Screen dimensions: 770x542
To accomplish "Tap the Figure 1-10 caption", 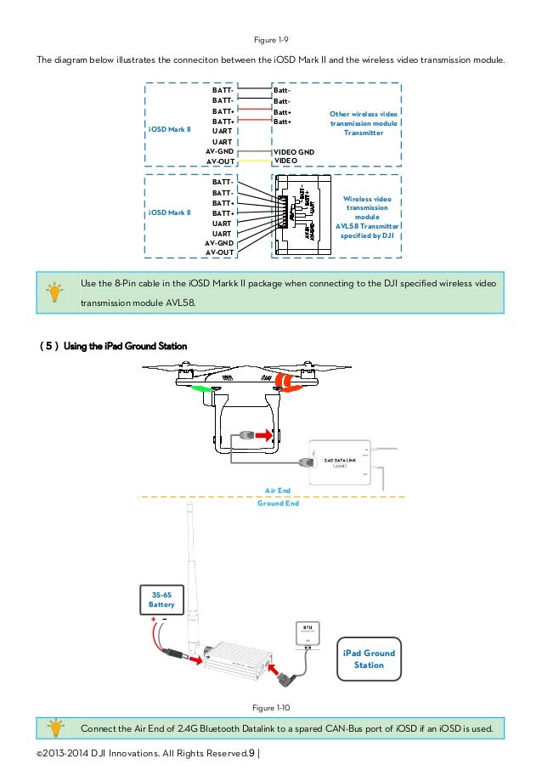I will coord(271,707).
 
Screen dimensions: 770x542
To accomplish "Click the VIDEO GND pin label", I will coord(293,151).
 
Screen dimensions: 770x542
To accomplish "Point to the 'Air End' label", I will coord(278,490).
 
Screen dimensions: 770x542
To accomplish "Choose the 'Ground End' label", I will coord(278,503).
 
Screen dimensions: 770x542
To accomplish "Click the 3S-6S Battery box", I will coord(161,599).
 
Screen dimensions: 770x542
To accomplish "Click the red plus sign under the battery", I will coord(153,620).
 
